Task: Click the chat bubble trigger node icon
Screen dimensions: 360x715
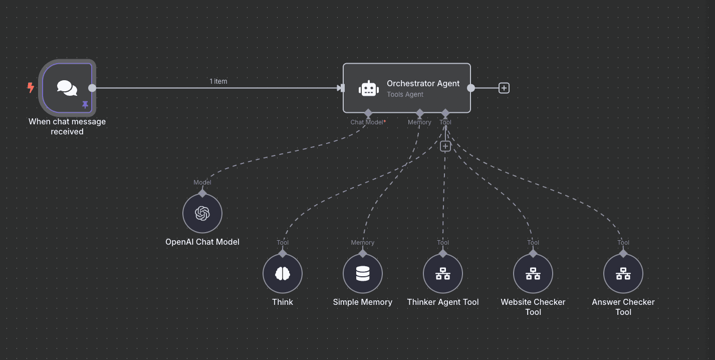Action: [67, 88]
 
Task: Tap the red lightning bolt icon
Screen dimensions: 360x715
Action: [31, 88]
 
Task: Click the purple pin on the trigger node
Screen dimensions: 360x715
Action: [85, 104]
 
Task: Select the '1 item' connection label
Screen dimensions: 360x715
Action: [218, 81]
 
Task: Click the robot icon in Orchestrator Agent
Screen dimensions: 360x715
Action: [368, 88]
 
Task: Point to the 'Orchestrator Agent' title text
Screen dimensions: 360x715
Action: [423, 84]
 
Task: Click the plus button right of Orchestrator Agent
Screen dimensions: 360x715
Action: [504, 88]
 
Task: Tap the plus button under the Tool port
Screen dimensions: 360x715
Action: [445, 146]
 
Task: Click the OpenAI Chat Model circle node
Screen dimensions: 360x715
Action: [202, 214]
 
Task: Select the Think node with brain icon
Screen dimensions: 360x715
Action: [283, 274]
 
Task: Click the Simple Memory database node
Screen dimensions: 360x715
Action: [363, 274]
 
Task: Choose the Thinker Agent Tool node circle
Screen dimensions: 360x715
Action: [443, 274]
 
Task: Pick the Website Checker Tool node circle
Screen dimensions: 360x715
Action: [533, 274]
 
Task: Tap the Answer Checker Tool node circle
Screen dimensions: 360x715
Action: [623, 274]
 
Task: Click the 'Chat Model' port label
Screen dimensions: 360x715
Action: [367, 122]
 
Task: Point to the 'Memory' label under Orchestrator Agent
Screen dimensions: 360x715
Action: [419, 122]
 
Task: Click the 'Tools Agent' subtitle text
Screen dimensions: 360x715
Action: [405, 94]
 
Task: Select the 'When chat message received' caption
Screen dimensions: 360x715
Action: [67, 126]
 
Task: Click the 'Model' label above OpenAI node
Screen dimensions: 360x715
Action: [202, 183]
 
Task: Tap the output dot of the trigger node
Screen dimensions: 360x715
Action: [92, 88]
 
